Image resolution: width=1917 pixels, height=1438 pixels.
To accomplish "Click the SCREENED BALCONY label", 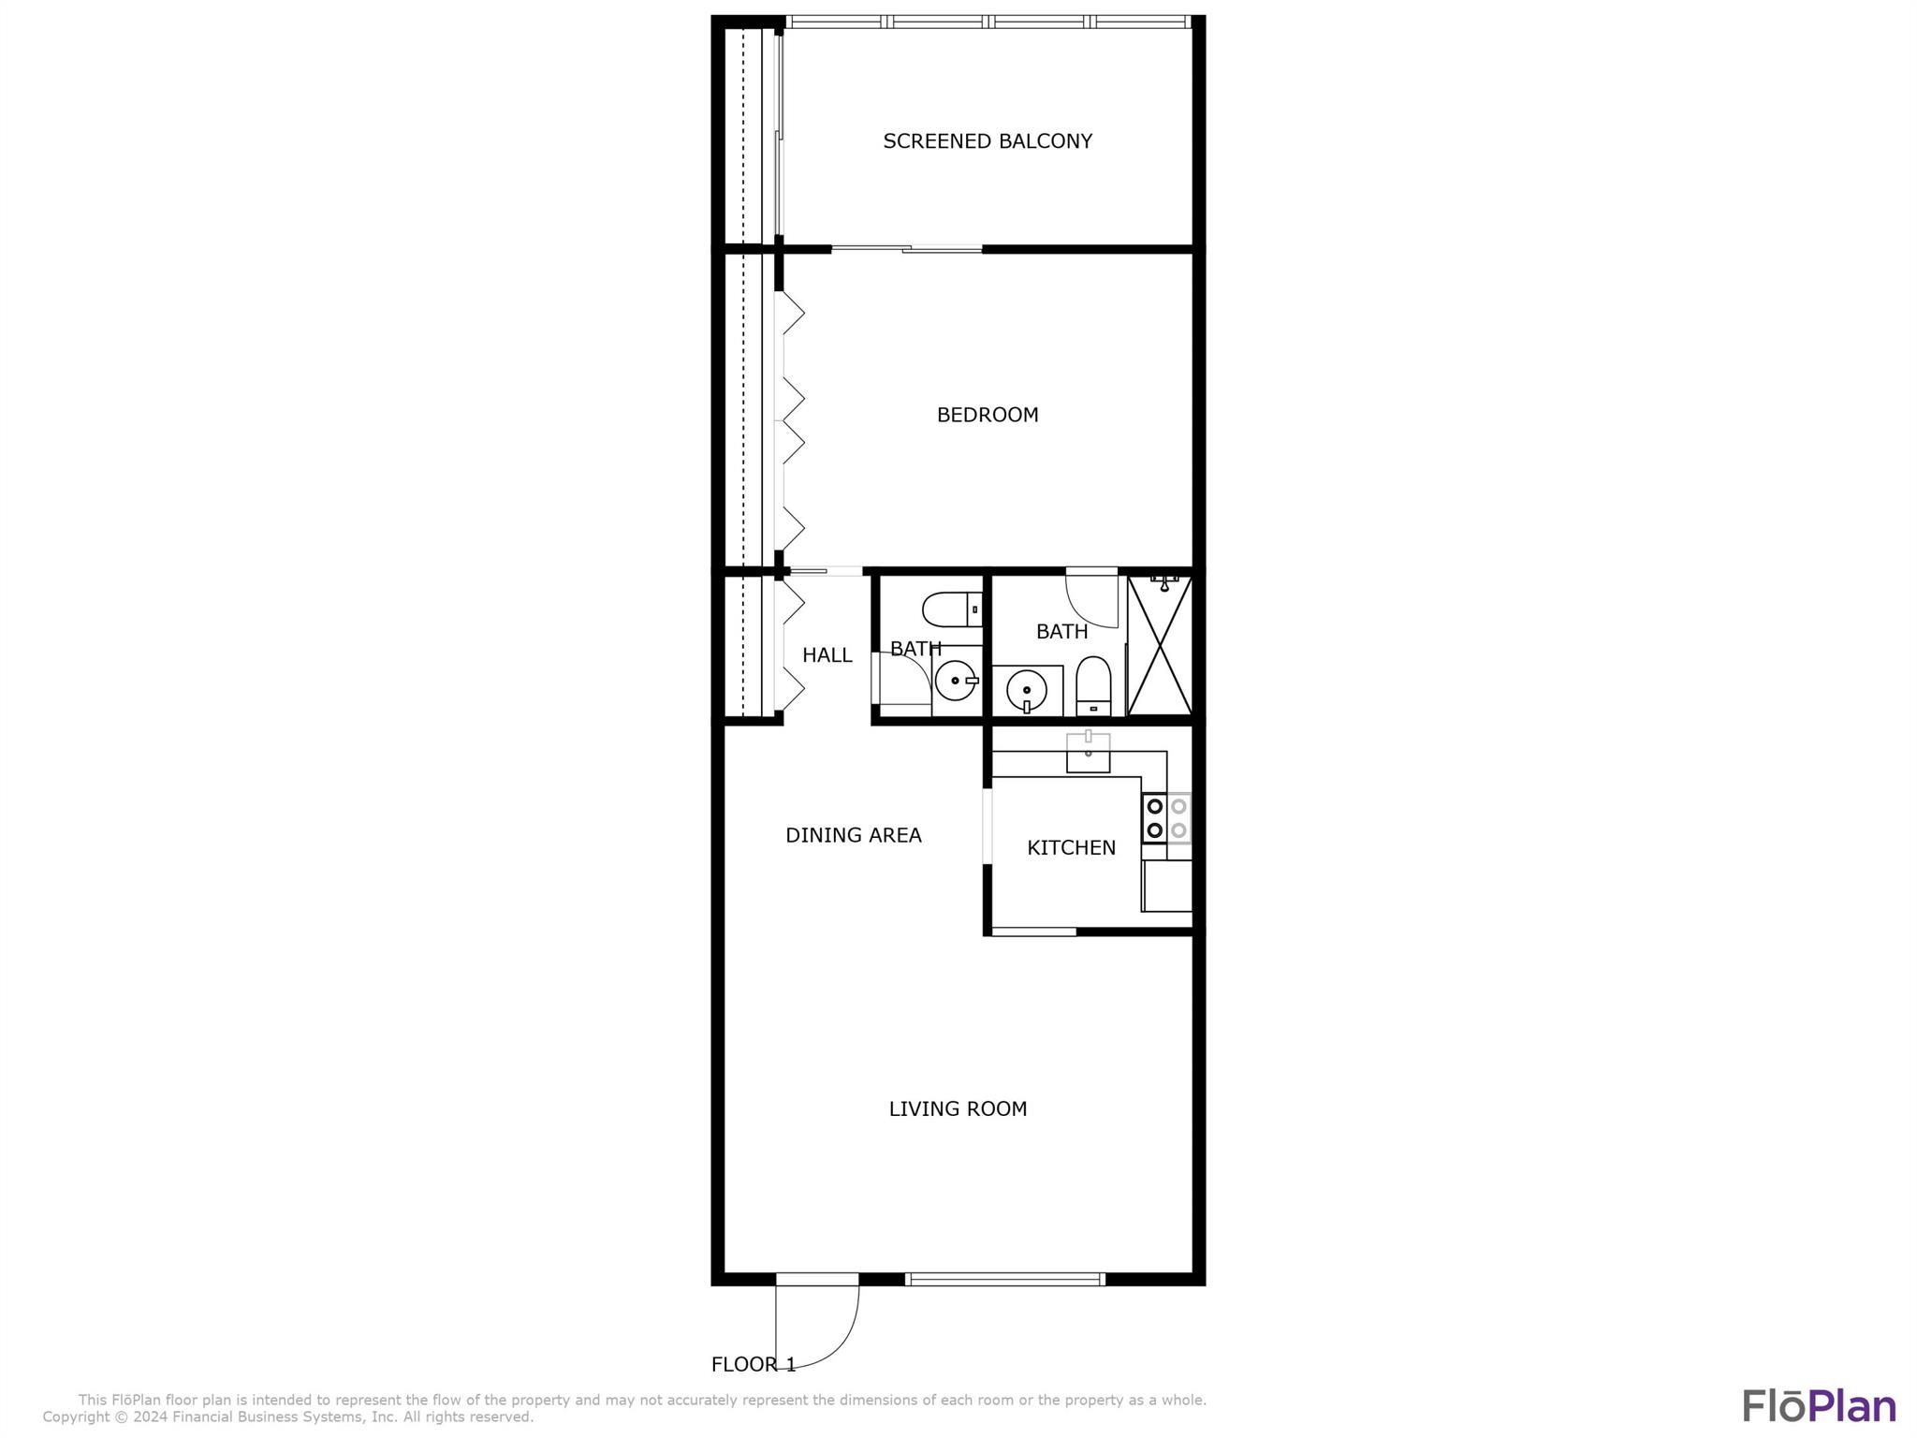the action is [x=988, y=141].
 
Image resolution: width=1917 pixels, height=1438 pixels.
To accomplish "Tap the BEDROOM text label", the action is [x=988, y=415].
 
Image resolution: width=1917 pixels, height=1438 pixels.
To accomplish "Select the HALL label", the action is [x=827, y=655].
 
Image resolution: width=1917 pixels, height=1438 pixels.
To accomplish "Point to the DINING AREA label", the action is [x=854, y=835].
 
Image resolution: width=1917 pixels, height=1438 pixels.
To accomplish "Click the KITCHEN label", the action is [x=1072, y=848].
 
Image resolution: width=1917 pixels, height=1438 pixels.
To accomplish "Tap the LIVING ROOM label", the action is [x=958, y=1109].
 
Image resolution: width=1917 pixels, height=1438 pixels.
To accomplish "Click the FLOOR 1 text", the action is [x=754, y=1365].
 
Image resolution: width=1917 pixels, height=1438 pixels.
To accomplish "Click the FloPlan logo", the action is [x=1819, y=1406].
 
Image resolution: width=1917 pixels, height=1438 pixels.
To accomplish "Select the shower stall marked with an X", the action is [x=1160, y=645].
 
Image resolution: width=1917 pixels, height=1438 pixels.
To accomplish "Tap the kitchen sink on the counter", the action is [x=1088, y=753].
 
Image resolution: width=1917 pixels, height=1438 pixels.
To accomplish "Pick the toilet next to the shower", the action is [x=1093, y=685].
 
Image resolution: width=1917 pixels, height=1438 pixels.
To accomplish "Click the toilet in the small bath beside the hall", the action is [x=952, y=609].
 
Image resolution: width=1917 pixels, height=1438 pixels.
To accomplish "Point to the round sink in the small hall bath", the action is [x=956, y=681].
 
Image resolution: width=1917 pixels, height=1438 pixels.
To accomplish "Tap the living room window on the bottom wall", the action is [x=1005, y=1279].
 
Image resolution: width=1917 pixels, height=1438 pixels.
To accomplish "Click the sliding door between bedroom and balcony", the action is [x=906, y=249].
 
